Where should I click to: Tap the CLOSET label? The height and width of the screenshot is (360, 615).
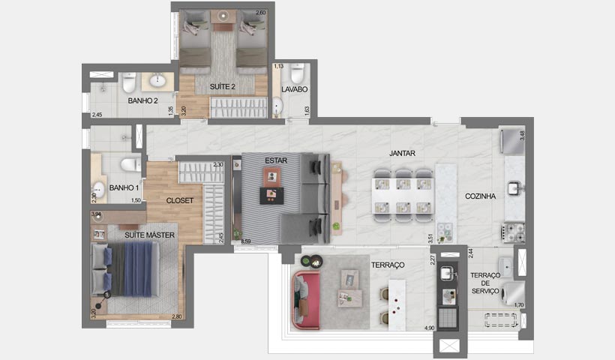(x=181, y=200)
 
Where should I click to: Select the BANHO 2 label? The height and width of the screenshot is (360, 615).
(x=142, y=100)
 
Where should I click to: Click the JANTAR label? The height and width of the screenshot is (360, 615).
(x=402, y=153)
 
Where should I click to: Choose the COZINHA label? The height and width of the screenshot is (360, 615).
(x=480, y=196)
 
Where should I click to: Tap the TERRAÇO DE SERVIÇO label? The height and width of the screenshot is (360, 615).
(x=485, y=283)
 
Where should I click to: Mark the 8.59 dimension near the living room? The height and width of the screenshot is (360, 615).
(x=245, y=241)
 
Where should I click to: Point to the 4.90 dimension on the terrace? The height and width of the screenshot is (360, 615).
(x=430, y=328)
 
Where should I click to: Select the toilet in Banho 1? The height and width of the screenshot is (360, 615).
(x=130, y=163)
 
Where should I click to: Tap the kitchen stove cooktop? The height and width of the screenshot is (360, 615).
(x=514, y=232)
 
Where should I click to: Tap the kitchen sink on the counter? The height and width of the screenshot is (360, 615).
(x=514, y=187)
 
